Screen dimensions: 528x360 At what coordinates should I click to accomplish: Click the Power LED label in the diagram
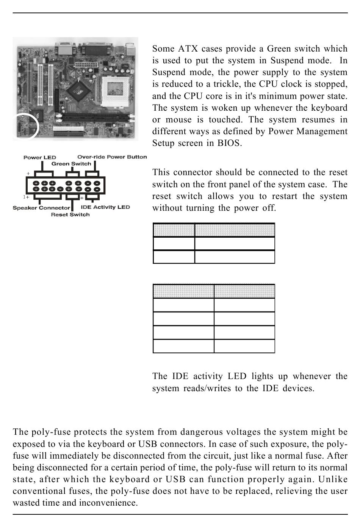39,157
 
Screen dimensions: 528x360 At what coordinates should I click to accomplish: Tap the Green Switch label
71,164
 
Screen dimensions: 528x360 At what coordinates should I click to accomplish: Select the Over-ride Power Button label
112,157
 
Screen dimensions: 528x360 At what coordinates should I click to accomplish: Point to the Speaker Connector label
41,208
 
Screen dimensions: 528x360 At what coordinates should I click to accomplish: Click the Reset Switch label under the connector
70,215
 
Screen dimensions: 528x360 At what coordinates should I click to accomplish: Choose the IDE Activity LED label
105,207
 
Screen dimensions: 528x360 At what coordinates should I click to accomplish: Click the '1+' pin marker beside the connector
26,197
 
